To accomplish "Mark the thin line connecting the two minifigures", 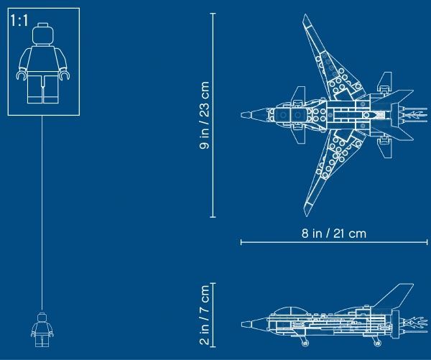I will [x=43, y=216].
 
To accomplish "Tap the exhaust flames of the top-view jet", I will [x=414, y=114].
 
